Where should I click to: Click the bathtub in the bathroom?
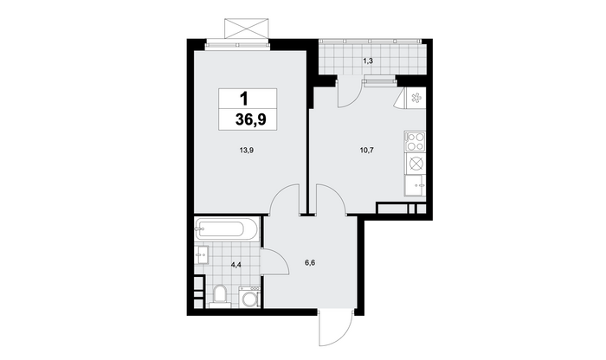coord(227,230)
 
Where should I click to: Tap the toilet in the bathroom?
coord(220,296)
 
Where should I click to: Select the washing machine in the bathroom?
coord(249,297)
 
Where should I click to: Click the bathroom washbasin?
coord(202,254)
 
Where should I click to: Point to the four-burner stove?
coord(415,141)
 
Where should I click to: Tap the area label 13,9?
coord(246,151)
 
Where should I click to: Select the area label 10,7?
coord(367,151)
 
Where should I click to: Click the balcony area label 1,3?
coord(368,61)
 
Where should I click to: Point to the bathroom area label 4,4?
coord(236,265)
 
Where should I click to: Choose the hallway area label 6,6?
coord(310,263)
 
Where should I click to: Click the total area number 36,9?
coord(250,119)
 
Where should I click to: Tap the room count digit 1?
coord(244,99)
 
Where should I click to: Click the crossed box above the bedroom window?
coord(247,29)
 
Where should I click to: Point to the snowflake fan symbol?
coord(416,98)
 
